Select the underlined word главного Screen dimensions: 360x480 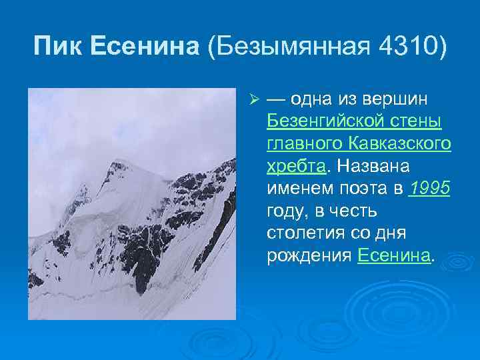[x=303, y=144]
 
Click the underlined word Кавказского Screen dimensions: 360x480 [x=399, y=144]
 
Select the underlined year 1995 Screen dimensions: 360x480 [x=430, y=189]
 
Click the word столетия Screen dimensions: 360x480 [x=306, y=234]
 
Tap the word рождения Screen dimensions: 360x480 [x=309, y=257]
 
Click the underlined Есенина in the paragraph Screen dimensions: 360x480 [x=393, y=257]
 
